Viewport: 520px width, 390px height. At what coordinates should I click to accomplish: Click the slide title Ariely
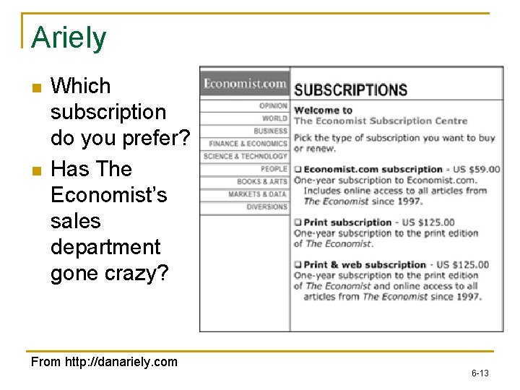coord(69,38)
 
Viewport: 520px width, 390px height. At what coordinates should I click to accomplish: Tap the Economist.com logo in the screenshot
coord(245,84)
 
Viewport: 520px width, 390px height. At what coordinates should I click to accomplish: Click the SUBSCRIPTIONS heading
coord(351,90)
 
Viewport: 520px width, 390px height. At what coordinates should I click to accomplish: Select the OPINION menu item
coord(273,106)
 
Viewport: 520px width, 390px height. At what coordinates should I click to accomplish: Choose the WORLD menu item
coord(274,118)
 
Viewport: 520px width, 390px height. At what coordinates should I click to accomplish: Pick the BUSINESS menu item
coord(270,131)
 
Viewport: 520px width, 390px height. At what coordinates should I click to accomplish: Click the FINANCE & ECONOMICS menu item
coord(248,144)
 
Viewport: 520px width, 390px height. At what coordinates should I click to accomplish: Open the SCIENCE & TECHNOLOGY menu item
coord(246,156)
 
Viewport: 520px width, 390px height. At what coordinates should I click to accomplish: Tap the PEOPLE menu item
coord(274,169)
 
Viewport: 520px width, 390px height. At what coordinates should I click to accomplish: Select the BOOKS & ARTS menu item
coord(261,181)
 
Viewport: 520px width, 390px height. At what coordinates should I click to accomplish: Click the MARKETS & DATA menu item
coord(258,194)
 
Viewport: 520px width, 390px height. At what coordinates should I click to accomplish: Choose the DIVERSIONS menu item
coord(266,207)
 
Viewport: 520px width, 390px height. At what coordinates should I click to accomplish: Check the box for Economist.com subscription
coord(298,170)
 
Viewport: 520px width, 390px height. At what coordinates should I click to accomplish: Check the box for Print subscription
coord(298,222)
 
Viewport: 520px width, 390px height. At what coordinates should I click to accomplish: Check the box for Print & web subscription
coord(298,265)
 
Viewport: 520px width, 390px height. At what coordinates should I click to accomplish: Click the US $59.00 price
coord(477,170)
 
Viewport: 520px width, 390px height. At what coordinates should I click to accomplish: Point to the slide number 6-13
coord(480,373)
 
